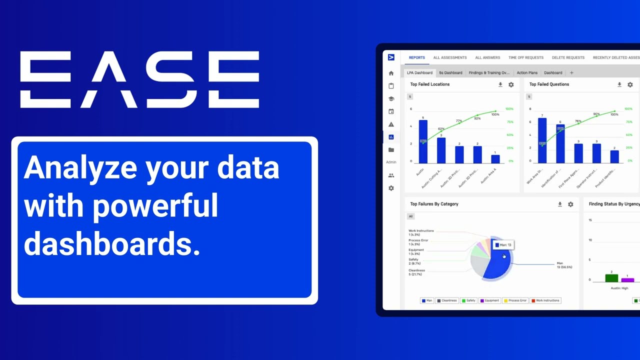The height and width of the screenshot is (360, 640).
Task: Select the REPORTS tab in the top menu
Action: pos(416,58)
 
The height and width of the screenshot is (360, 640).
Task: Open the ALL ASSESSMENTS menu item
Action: pos(450,58)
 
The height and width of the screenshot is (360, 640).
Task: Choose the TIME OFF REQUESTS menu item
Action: pos(525,58)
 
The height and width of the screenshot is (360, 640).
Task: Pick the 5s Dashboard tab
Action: pos(450,73)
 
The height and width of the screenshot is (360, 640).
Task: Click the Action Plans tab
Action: pos(527,73)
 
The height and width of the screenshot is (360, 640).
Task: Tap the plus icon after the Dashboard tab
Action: pos(571,73)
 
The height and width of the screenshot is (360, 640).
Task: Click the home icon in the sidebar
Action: pos(391,73)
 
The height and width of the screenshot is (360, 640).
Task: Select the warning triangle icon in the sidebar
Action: pos(391,124)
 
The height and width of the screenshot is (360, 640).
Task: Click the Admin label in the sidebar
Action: pos(391,162)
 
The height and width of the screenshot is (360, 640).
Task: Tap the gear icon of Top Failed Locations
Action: pos(511,85)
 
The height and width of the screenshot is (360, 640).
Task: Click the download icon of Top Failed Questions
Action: pos(619,85)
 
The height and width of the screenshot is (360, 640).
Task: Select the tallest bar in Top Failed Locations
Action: pos(423,141)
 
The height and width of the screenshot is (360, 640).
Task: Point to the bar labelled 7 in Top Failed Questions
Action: pos(542,140)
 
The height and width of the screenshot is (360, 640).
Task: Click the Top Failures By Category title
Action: pos(434,204)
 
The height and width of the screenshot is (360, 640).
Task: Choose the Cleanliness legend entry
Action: pos(446,300)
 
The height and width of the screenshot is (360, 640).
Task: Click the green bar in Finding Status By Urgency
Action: pos(611,278)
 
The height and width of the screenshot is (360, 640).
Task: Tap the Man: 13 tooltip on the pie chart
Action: pos(503,245)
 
